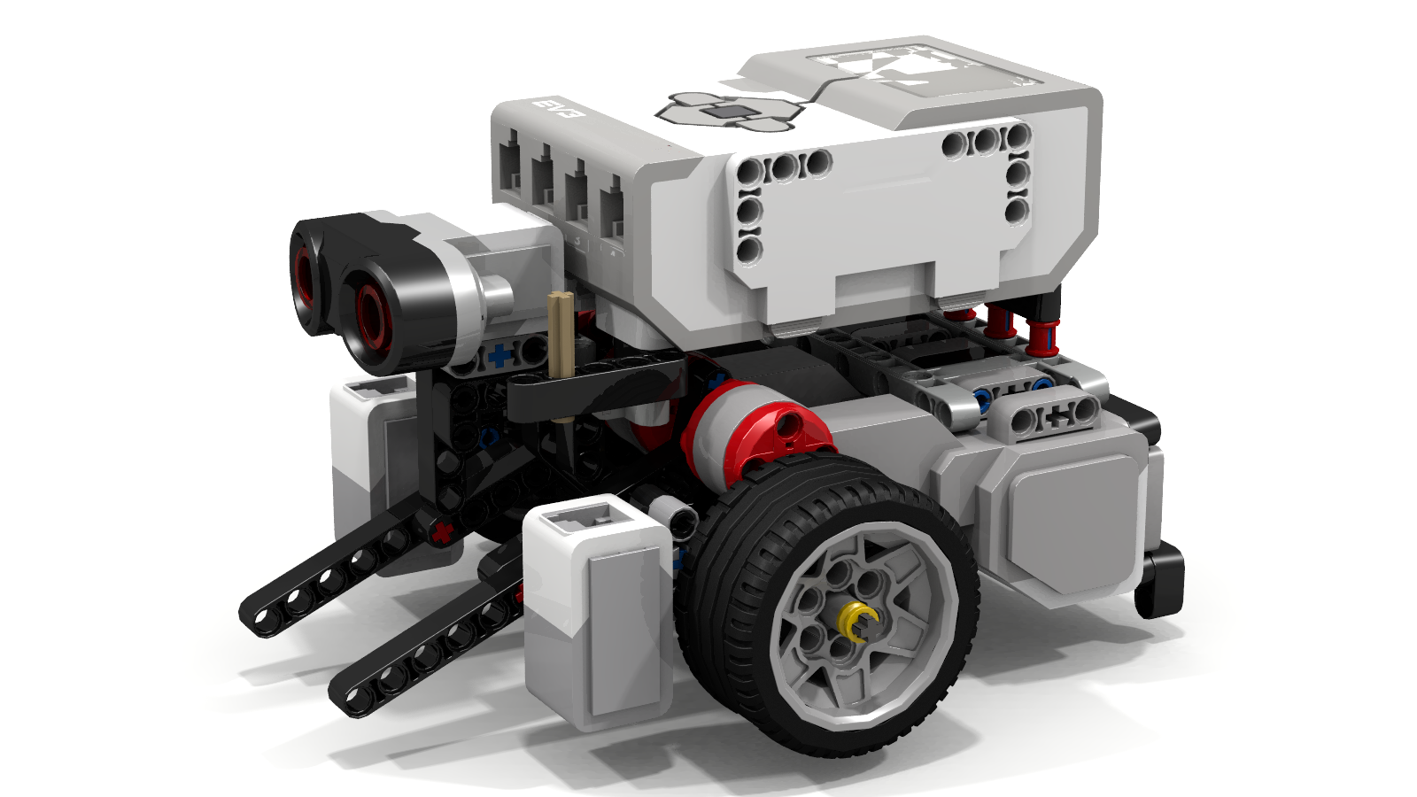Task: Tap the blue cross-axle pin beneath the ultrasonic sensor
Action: coord(500,356)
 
